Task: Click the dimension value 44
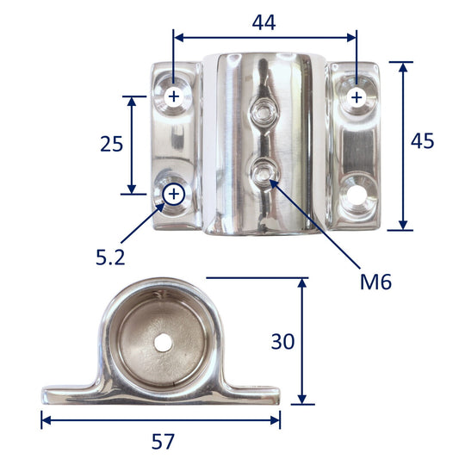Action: click(x=264, y=23)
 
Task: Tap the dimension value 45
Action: click(x=422, y=141)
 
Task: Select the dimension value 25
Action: click(x=112, y=144)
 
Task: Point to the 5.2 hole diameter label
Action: click(x=110, y=257)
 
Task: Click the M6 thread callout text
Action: click(x=375, y=282)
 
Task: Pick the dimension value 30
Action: click(x=282, y=341)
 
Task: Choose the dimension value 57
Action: click(x=163, y=442)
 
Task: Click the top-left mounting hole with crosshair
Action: click(x=174, y=96)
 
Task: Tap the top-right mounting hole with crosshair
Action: click(x=357, y=97)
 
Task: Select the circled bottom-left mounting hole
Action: click(x=174, y=194)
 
